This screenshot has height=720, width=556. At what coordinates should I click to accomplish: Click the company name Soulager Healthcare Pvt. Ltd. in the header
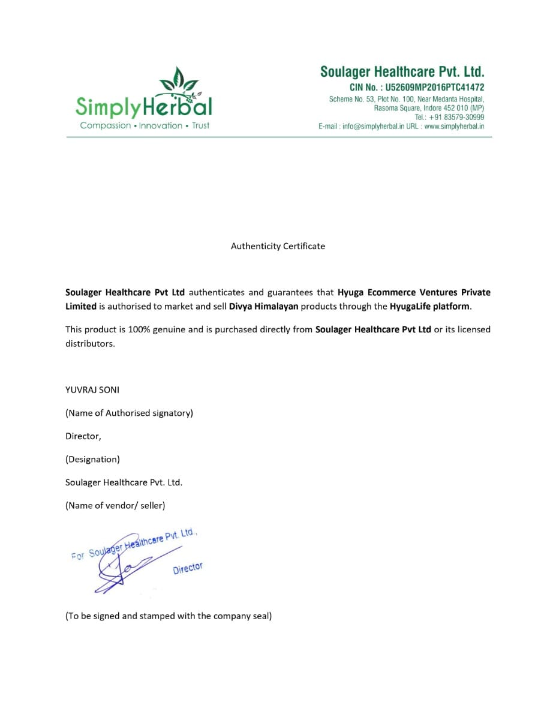(x=402, y=72)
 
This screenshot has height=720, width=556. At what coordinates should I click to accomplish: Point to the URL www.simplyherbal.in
(x=454, y=127)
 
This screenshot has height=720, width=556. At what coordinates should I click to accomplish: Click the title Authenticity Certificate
(x=278, y=246)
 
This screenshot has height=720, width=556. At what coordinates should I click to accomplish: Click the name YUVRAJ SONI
(x=92, y=389)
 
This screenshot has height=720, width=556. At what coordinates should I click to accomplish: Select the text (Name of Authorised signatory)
(x=129, y=413)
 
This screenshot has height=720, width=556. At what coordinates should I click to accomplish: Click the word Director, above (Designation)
(x=83, y=436)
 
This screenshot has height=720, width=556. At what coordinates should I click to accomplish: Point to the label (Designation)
(x=92, y=459)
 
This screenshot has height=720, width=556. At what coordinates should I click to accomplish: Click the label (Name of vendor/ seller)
(x=115, y=505)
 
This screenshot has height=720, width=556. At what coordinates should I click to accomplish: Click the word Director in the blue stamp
(x=188, y=568)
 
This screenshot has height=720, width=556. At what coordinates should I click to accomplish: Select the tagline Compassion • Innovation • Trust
(x=145, y=125)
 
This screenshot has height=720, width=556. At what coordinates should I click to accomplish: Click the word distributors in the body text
(x=89, y=344)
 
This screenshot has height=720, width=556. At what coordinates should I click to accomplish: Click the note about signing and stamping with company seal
(x=169, y=616)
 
